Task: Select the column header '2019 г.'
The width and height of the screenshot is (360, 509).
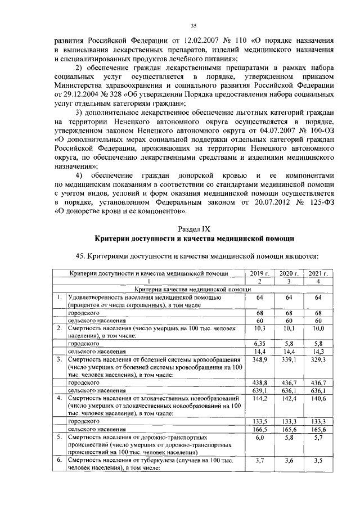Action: (x=260, y=273)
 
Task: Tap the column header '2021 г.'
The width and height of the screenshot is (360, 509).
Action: (x=318, y=273)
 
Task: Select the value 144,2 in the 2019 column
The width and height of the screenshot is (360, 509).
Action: (x=260, y=397)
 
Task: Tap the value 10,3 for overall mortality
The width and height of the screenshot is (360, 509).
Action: (x=260, y=327)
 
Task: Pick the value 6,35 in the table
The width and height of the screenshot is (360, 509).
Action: (x=260, y=343)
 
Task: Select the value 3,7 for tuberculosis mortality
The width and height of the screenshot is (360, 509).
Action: (x=260, y=460)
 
